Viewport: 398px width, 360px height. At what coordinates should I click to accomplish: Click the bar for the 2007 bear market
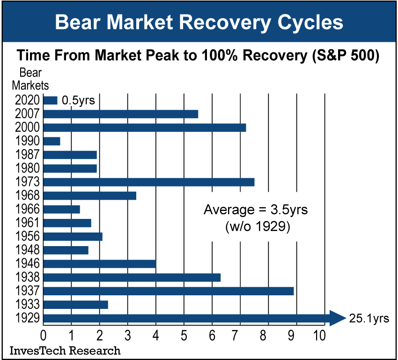click(x=120, y=114)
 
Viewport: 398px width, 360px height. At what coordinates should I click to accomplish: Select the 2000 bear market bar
click(x=144, y=127)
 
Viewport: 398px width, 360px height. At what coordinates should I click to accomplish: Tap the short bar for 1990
click(x=52, y=141)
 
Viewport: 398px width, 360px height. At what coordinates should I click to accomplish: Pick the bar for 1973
click(x=148, y=182)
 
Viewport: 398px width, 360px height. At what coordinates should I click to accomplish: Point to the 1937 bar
click(x=169, y=291)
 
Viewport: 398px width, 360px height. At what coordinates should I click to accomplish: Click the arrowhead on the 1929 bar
click(x=337, y=318)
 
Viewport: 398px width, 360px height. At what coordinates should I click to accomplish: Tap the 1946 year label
click(x=27, y=263)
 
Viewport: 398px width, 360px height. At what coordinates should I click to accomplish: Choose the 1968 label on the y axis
click(x=27, y=195)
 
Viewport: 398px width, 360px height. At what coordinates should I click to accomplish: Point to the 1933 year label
click(x=27, y=305)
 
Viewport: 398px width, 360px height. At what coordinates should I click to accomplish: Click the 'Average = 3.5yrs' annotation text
click(x=256, y=210)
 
